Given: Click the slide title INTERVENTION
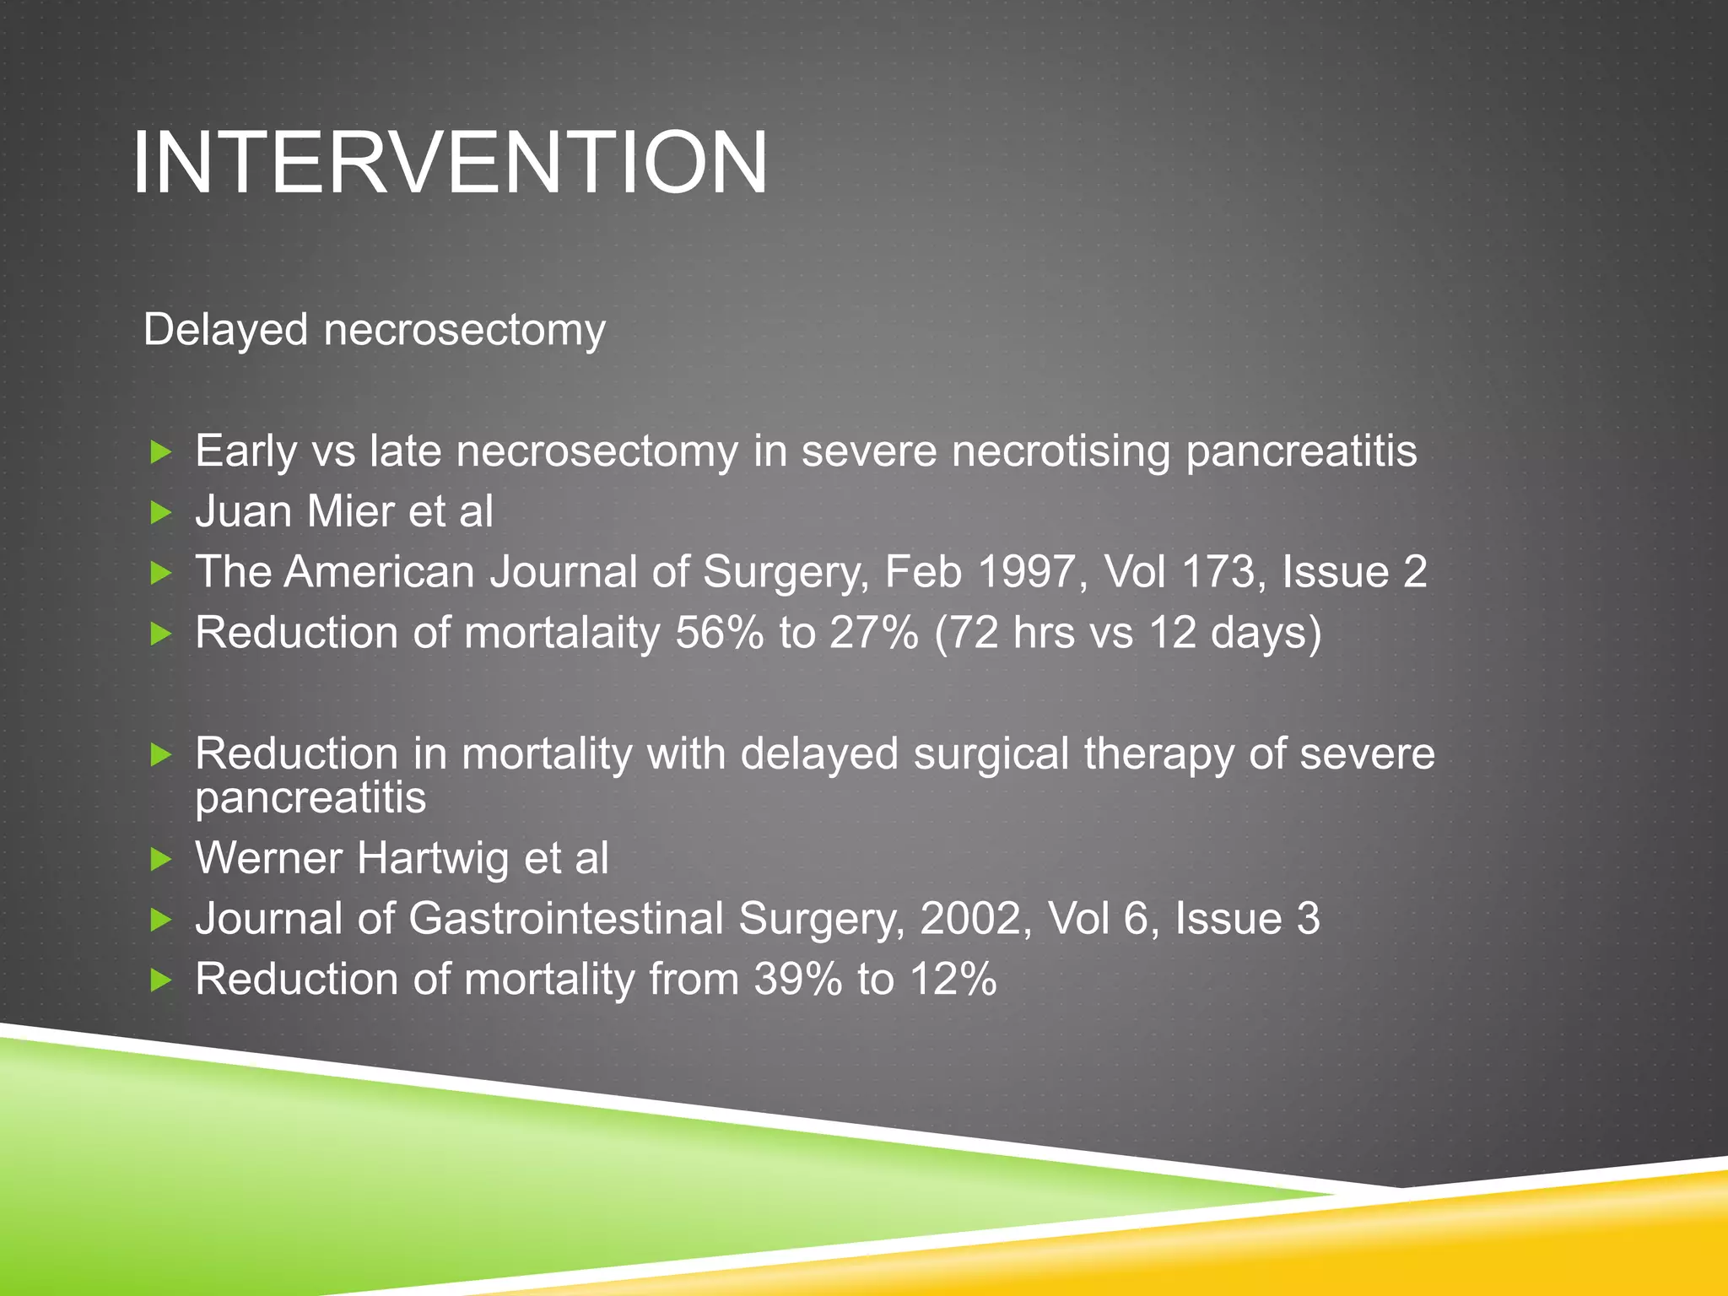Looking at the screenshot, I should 450,162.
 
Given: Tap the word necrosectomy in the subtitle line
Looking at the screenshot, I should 465,331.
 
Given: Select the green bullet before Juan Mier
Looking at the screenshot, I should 160,512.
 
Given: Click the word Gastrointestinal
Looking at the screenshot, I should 566,919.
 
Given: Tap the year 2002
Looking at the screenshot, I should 973,919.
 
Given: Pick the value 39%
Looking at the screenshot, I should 797,980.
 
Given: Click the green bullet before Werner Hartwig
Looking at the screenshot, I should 160,860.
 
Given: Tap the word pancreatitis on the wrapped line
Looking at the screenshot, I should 310,798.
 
